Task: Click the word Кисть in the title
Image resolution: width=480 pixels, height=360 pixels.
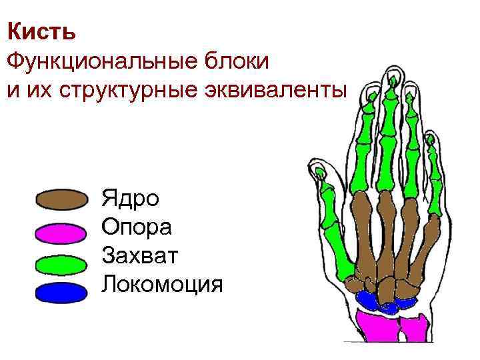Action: pos(41,31)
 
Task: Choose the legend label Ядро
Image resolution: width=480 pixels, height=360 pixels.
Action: pos(130,199)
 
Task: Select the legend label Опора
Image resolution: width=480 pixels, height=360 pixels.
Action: pos(137,227)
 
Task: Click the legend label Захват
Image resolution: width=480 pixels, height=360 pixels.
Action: pos(140,256)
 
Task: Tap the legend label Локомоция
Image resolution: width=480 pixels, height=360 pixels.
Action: pos(162,285)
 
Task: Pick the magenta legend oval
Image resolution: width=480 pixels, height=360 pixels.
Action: pos(61,233)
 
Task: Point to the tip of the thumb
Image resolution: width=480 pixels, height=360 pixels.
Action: pos(321,174)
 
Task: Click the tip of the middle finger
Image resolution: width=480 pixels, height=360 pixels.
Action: pos(389,72)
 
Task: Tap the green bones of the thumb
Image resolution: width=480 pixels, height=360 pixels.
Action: pos(337,233)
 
